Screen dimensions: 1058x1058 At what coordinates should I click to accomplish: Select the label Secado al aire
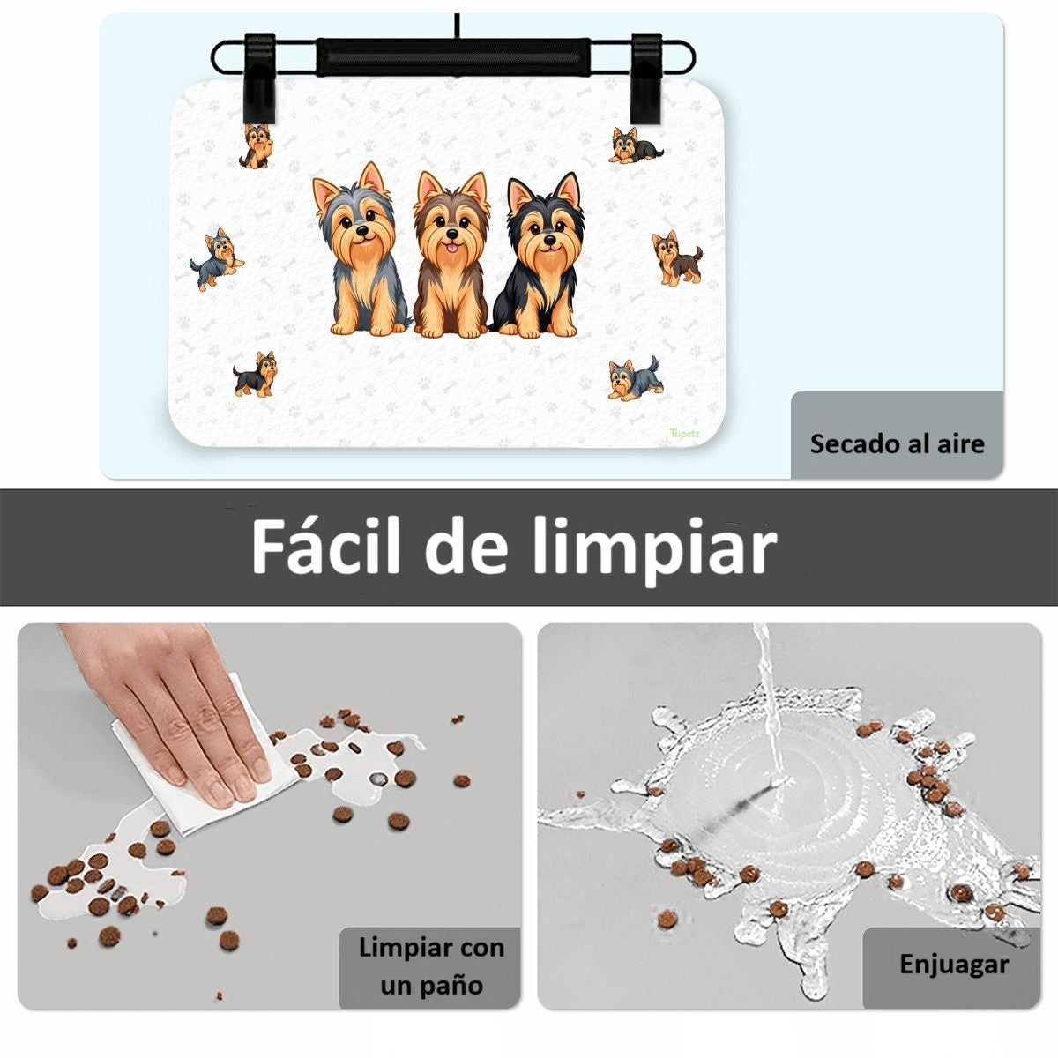898,443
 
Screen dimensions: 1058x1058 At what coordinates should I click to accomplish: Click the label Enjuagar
954,965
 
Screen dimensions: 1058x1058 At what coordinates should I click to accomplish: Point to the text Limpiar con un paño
431,965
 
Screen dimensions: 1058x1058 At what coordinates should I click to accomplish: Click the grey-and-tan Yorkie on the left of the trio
361,250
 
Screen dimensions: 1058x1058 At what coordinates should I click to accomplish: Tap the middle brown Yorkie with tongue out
451,254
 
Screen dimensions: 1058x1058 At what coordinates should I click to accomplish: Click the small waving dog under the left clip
256,146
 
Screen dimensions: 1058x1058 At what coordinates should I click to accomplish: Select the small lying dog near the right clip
635,145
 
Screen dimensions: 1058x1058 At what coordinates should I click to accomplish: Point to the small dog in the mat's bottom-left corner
256,375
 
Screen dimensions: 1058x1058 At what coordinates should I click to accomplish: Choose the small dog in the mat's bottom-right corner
636,378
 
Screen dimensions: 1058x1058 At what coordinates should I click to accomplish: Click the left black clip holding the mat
259,78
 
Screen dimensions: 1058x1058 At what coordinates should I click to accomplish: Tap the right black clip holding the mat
647,78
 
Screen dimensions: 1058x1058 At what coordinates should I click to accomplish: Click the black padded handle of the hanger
453,56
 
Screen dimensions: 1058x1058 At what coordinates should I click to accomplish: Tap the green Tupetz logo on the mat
685,433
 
